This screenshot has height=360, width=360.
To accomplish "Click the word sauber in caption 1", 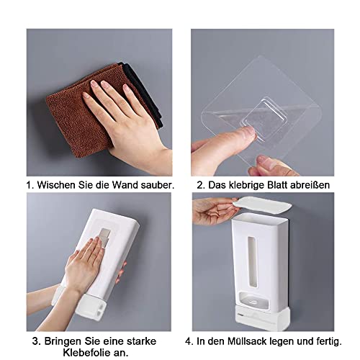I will (x=156, y=185).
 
